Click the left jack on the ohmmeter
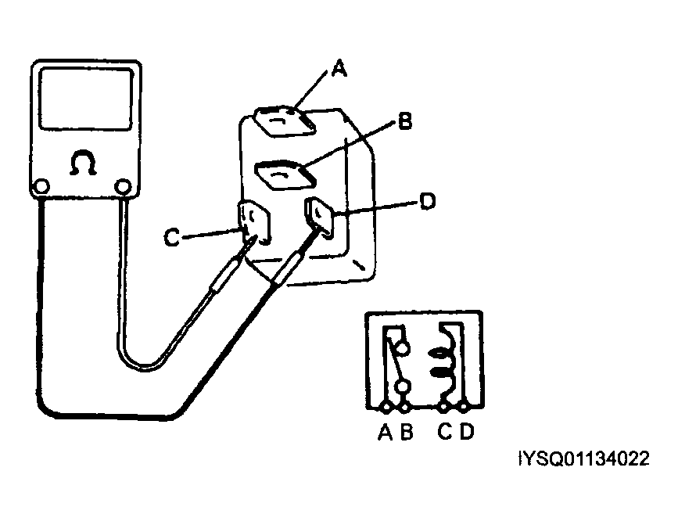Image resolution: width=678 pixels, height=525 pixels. click(x=41, y=188)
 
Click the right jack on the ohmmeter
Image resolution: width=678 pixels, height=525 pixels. click(x=123, y=187)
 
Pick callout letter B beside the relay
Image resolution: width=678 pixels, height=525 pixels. click(x=404, y=121)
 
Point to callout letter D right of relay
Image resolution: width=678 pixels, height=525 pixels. click(x=426, y=202)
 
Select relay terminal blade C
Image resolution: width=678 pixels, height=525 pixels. click(x=255, y=222)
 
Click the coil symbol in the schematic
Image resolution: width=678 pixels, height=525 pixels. click(x=444, y=361)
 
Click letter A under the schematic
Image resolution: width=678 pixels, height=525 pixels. click(x=384, y=432)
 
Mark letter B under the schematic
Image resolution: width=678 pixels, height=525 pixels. click(x=406, y=432)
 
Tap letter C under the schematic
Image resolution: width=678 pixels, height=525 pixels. click(x=444, y=432)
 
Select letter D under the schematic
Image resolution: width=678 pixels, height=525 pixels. click(x=466, y=432)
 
